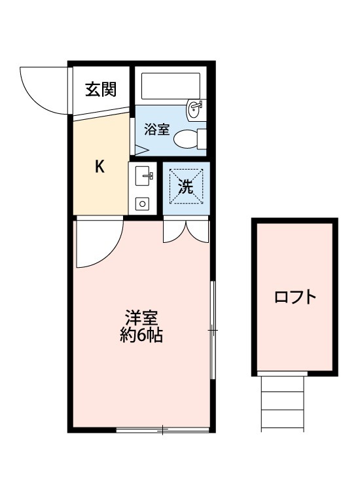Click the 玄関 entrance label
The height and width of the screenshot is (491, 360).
click(x=101, y=89)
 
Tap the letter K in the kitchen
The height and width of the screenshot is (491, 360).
click(x=99, y=166)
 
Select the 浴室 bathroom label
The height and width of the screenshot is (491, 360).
click(x=156, y=130)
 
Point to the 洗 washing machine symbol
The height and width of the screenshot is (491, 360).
click(x=186, y=187)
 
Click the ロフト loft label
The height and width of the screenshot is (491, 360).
click(x=295, y=297)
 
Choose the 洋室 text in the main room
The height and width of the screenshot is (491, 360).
click(x=141, y=318)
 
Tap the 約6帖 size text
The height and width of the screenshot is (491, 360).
click(x=141, y=336)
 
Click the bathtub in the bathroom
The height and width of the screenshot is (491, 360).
click(x=171, y=86)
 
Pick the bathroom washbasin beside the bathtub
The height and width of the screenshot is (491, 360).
click(x=196, y=110)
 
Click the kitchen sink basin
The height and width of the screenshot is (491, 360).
click(x=144, y=176)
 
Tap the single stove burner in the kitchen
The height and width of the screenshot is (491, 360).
click(x=143, y=204)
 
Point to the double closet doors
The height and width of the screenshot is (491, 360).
click(x=186, y=231)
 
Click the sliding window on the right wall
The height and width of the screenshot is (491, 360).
click(x=213, y=330)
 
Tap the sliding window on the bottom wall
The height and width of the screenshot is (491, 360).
click(x=162, y=429)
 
